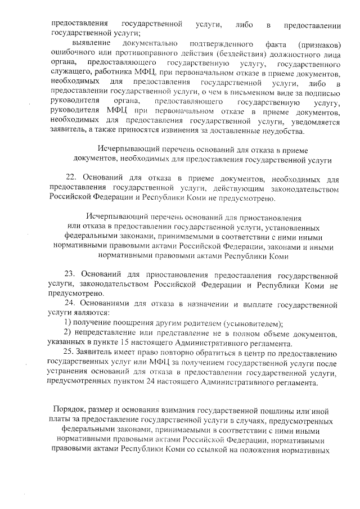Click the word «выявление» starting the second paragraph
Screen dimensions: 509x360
click(92, 43)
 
